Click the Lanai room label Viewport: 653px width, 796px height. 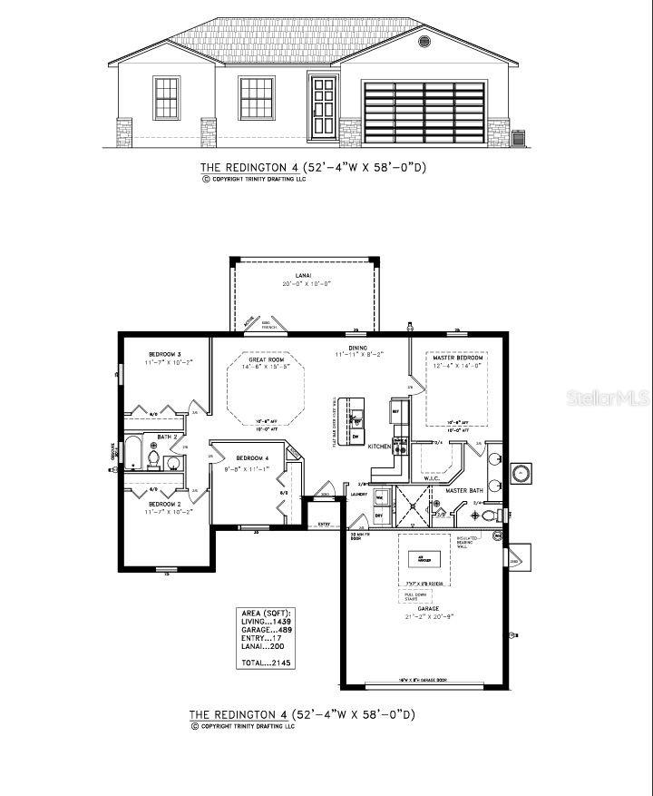pos(303,275)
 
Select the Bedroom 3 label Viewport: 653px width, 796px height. pos(166,354)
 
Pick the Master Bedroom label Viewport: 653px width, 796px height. pos(457,359)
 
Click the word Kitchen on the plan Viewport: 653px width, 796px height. pos(380,447)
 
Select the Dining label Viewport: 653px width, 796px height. pos(358,346)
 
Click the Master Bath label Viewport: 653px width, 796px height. pos(463,491)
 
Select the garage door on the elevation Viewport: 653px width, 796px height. pos(424,112)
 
